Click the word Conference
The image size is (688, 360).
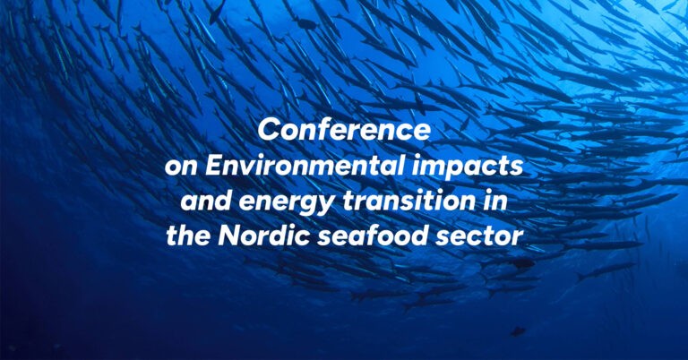coord(344,130)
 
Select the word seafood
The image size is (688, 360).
coord(372,236)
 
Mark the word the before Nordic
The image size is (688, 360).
coord(189,236)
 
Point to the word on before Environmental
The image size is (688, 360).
coord(182,168)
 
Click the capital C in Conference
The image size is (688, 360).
coord(269,130)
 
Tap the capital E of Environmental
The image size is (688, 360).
coord(214,166)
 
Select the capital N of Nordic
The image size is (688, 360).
coord(229,236)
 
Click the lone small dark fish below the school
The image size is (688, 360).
coord(518,331)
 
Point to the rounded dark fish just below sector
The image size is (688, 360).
coord(522,263)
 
